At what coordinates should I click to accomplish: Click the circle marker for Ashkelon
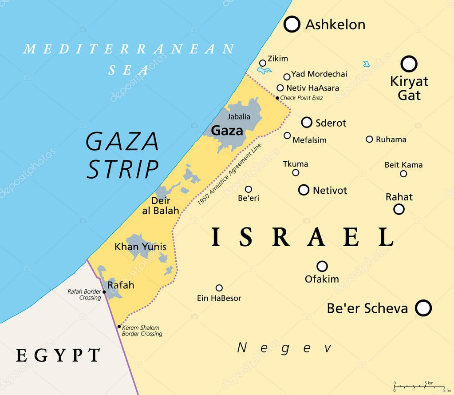[x=292, y=24]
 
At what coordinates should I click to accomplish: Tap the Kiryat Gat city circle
[x=409, y=64]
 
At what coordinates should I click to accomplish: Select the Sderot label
[x=331, y=123]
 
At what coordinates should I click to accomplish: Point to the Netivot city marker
[x=304, y=190]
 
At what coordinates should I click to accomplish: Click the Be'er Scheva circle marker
[x=423, y=308]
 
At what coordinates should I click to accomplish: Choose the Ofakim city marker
[x=322, y=266]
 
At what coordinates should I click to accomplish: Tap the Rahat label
[x=399, y=197]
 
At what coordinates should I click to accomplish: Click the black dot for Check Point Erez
[x=278, y=98]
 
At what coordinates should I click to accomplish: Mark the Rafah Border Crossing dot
[x=104, y=292]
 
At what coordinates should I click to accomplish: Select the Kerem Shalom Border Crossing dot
[x=119, y=327]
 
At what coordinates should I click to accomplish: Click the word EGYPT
[x=58, y=355]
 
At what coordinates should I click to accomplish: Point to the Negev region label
[x=284, y=348]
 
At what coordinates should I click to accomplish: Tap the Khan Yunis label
[x=140, y=247]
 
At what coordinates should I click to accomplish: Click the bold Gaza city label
[x=227, y=131]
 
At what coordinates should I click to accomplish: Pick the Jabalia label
[x=239, y=117]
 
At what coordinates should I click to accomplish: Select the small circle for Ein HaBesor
[x=219, y=288]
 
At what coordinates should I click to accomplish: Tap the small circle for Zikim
[x=263, y=63]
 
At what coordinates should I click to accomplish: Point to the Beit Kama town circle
[x=403, y=174]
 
